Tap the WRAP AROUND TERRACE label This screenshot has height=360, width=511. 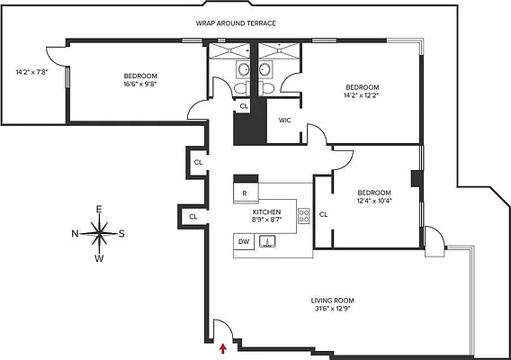(237, 23)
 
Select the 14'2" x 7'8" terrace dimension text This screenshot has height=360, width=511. (30, 72)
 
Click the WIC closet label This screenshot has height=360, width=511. (285, 119)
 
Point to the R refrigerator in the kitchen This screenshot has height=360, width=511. (244, 193)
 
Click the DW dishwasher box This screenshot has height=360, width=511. (244, 241)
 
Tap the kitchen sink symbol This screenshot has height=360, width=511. (266, 241)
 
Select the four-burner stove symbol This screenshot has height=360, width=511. (304, 215)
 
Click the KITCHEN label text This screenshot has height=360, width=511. (267, 211)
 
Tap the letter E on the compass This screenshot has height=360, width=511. (100, 210)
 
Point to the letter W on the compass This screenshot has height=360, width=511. (100, 259)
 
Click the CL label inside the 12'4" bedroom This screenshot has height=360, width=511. (323, 214)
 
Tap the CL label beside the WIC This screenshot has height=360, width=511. (244, 106)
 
